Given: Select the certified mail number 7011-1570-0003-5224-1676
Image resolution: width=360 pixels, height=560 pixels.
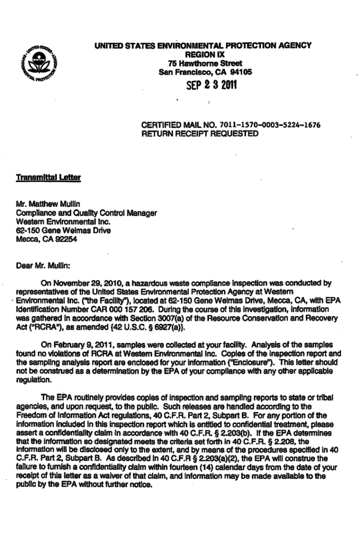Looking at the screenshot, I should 274,125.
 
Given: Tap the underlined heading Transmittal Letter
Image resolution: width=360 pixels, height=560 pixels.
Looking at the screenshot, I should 40,178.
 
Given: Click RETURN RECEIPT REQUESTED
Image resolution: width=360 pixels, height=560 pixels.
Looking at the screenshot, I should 199,133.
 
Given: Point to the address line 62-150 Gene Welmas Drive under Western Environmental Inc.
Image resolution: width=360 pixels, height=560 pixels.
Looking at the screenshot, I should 63,231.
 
